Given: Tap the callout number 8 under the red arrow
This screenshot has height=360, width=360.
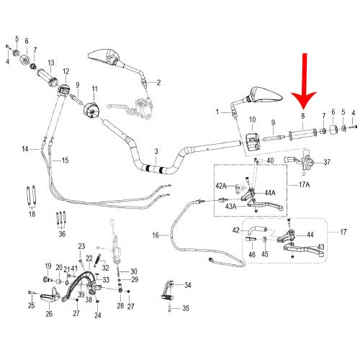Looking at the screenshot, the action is [303, 116].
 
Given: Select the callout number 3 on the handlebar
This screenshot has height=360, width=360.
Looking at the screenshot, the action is [156, 151].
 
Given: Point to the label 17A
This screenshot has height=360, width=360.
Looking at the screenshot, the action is [304, 184].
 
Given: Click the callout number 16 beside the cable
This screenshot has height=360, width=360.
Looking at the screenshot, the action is [156, 235].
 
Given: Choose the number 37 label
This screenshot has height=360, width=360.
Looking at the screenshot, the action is [327, 163].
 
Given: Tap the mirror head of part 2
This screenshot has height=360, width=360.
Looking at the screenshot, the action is [104, 57].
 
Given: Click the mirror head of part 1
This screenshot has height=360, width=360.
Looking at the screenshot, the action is [265, 94].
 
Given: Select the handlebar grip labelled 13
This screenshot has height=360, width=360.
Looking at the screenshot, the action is [48, 77].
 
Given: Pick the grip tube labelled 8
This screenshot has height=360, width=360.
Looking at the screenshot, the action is [303, 135].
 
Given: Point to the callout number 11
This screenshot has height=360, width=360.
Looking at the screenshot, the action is [95, 89].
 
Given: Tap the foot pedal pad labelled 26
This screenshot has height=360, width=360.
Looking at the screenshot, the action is [49, 299].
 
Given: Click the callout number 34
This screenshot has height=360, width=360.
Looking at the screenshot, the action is [188, 285].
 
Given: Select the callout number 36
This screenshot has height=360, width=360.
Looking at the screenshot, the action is [62, 234].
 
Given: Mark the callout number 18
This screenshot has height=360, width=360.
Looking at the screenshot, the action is [32, 214].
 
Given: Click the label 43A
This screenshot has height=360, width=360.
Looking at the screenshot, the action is [230, 207].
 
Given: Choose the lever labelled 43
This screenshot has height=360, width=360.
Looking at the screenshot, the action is [305, 251].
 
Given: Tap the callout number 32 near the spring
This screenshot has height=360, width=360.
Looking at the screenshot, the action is [105, 268].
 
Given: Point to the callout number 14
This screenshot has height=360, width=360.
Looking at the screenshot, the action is [25, 149].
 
